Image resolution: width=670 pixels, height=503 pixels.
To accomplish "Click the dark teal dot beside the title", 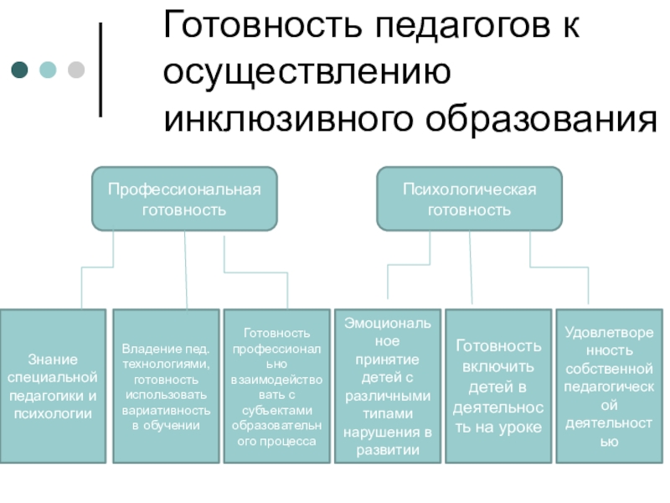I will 19,70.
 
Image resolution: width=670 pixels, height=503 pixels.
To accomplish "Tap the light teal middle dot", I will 48,70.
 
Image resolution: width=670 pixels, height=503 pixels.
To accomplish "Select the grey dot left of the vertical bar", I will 75,70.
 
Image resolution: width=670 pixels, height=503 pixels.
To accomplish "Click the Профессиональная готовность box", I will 184,199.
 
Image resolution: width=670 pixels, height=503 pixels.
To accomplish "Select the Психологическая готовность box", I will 469,199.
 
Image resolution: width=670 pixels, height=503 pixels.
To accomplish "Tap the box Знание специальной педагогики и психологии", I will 53,386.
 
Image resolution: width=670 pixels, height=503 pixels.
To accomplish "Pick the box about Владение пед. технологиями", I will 166,386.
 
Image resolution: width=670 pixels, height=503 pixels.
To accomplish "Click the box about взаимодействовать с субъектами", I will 276,386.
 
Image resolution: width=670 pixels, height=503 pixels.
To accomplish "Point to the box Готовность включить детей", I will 497,386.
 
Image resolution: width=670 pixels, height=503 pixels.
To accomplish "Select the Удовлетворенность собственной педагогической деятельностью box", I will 609,386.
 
